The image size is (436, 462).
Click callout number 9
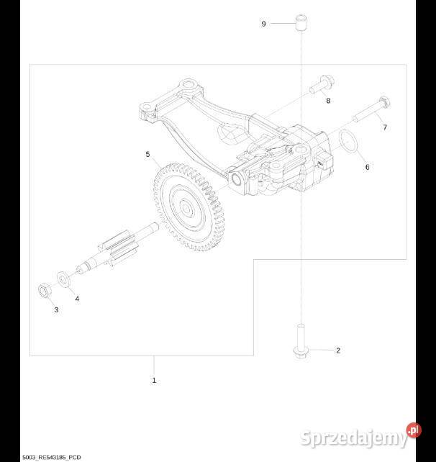click(263, 24)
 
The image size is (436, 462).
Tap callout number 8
click(328, 101)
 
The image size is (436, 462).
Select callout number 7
click(385, 127)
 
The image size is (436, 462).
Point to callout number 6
click(367, 167)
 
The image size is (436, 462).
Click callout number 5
click(147, 154)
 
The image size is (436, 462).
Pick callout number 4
click(77, 299)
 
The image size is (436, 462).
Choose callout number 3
click(56, 309)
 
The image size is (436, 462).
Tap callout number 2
click(338, 350)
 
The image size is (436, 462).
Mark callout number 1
click(154, 380)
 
